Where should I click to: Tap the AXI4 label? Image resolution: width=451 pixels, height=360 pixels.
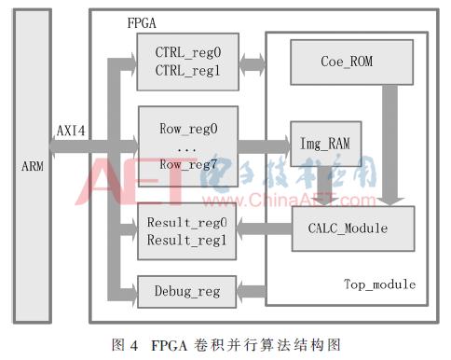point(72,131)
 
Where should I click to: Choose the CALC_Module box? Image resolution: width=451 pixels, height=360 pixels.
point(340,228)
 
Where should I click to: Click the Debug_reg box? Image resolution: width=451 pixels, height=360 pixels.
point(184,292)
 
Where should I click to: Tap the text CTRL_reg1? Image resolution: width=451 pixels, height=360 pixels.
point(183,69)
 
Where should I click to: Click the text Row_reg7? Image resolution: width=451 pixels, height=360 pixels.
point(184,163)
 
